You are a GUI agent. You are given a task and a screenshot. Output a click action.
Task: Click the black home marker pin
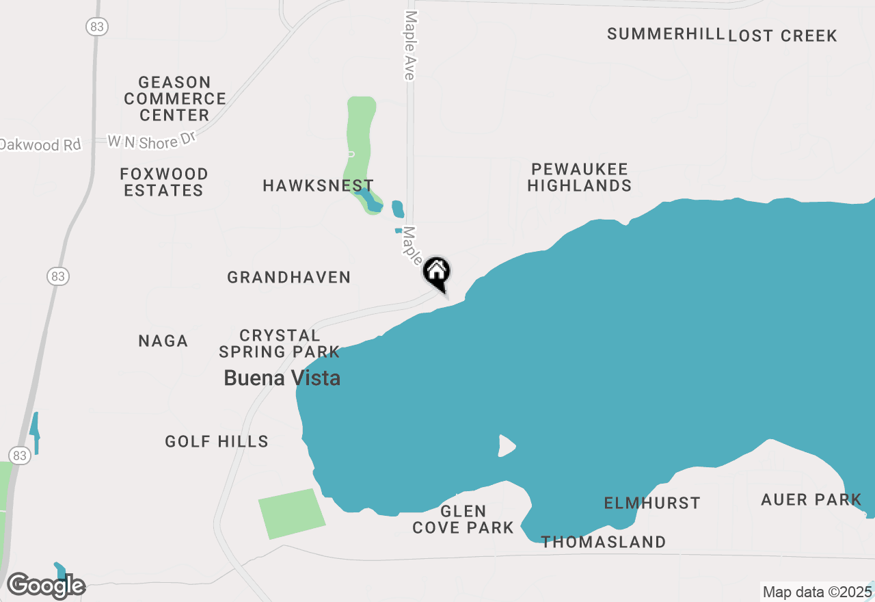(437, 273)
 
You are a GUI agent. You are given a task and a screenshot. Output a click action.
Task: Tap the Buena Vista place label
(282, 378)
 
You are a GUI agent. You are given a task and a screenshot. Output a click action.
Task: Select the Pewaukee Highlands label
(579, 177)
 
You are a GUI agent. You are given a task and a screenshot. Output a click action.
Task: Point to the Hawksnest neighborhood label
(318, 185)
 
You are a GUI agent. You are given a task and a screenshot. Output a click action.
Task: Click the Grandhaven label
(289, 277)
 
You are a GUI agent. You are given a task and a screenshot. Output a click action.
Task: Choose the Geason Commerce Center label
(175, 99)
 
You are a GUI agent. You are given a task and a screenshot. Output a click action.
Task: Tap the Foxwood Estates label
(164, 182)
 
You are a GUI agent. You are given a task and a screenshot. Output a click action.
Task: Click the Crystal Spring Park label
(280, 343)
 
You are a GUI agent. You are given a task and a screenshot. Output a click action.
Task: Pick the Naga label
(163, 341)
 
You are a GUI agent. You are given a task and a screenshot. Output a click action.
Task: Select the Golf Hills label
(217, 441)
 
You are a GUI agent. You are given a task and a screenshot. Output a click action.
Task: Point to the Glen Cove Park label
(463, 519)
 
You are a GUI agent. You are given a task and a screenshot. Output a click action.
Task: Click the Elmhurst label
(652, 503)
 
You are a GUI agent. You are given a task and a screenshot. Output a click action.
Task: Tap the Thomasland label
(604, 542)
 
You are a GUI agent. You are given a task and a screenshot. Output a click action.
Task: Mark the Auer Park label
(811, 499)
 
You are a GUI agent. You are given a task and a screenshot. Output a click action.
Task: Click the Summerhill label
(666, 34)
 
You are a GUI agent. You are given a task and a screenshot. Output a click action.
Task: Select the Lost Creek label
(783, 36)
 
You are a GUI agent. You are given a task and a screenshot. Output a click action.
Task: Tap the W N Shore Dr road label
(152, 142)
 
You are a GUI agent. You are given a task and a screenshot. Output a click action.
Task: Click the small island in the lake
(506, 445)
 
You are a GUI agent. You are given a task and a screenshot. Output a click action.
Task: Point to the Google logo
(45, 586)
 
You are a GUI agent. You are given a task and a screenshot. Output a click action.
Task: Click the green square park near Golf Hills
(292, 513)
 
